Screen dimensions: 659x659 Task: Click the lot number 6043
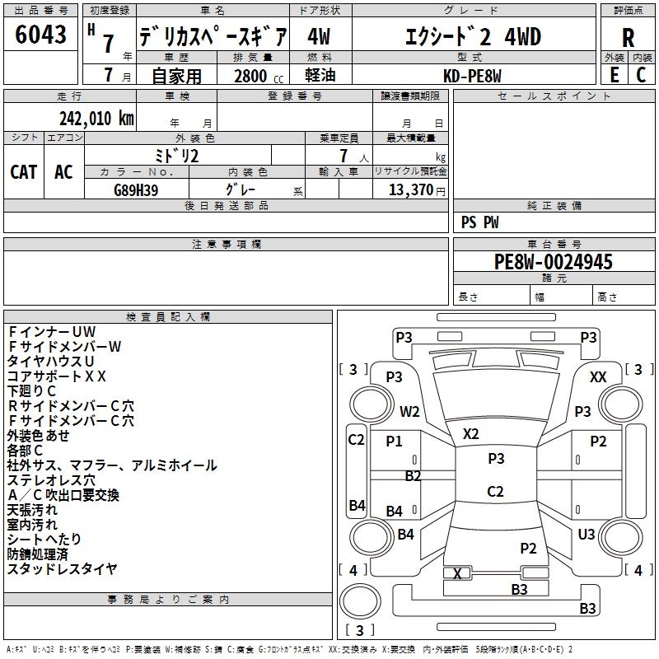coord(40,35)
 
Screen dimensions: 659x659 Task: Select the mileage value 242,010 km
coord(96,119)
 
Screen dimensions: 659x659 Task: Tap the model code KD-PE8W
coord(472,76)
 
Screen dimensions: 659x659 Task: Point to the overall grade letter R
coord(628,38)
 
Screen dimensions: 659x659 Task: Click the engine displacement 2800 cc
coord(259,76)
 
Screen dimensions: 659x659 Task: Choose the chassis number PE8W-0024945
coord(553,262)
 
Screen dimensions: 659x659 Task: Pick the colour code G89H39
coord(136,190)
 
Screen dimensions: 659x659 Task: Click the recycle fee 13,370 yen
coord(417,190)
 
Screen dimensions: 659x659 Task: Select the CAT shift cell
coord(24,172)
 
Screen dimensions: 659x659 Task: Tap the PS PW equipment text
coord(479,222)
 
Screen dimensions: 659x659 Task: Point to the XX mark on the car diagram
coord(598,377)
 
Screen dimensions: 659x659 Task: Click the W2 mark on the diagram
coord(409,411)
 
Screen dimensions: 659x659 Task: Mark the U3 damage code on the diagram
coord(587,535)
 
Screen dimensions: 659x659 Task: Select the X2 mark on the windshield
coord(470,434)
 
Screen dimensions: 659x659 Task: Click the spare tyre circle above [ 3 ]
coord(360,601)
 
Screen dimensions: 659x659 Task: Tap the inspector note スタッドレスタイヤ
coord(63,569)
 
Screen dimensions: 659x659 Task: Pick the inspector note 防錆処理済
coord(37,554)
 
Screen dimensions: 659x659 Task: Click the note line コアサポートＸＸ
coord(56,376)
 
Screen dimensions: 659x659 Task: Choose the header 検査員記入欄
coord(168,317)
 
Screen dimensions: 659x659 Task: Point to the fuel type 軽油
coord(320,76)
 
